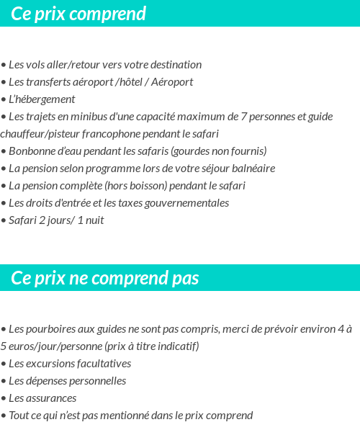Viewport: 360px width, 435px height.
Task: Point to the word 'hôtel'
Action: pyautogui.click(x=129, y=82)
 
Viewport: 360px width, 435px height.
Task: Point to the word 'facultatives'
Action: pyautogui.click(x=102, y=364)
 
